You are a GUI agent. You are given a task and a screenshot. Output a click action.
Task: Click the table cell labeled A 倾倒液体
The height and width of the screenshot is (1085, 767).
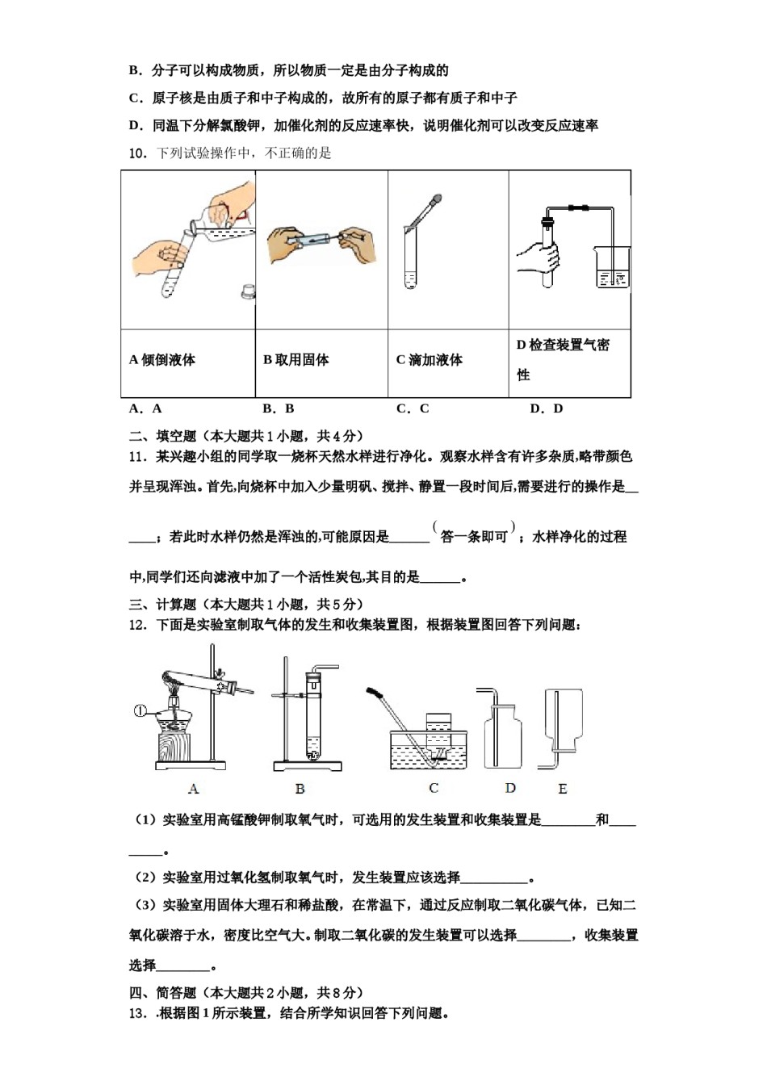162,360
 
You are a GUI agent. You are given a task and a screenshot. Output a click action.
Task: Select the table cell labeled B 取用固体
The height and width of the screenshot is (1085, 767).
296,360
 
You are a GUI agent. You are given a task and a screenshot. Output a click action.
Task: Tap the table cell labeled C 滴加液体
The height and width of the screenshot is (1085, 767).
430,360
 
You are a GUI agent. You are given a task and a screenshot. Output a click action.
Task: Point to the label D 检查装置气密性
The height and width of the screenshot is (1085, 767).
563,359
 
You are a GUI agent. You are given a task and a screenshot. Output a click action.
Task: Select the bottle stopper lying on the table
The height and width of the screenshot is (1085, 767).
248,291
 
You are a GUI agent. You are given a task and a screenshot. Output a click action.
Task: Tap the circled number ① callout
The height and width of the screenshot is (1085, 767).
140,711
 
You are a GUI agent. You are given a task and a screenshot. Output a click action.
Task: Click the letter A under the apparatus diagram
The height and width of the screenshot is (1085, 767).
193,789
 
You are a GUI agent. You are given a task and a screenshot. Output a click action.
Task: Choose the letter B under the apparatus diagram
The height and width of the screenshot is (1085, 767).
300,789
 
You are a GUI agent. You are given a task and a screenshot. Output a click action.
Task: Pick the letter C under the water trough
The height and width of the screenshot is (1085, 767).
434,788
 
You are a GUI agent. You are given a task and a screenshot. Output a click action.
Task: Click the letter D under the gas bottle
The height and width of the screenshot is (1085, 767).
510,788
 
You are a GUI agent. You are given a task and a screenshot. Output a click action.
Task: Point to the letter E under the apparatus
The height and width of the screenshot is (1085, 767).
563,789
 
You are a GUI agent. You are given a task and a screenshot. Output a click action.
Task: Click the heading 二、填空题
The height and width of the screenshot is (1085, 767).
163,436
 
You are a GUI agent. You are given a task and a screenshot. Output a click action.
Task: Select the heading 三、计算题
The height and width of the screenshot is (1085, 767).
163,604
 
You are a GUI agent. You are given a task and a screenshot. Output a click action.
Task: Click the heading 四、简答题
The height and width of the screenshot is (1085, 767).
163,993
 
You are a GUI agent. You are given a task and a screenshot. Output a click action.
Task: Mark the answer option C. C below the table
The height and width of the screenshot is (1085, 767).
413,408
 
